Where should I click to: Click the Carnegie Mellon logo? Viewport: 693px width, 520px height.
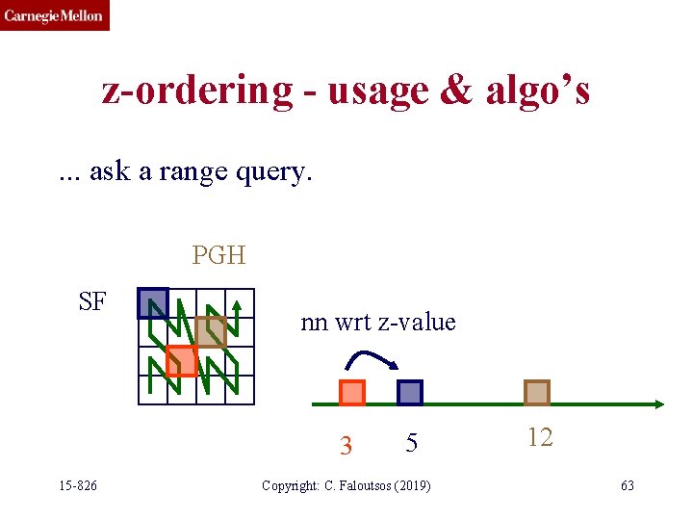point(55,15)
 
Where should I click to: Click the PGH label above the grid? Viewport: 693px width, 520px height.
point(218,255)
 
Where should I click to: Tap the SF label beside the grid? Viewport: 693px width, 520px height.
point(92,302)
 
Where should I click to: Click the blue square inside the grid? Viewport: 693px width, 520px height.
point(153,303)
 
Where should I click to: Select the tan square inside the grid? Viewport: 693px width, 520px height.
point(211,332)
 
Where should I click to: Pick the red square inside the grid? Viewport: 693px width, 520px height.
point(181,360)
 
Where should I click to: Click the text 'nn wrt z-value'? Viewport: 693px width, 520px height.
point(378,322)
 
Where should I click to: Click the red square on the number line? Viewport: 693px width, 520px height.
point(352,393)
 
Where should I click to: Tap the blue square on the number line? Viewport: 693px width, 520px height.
point(410,393)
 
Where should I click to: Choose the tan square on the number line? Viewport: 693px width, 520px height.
point(537,393)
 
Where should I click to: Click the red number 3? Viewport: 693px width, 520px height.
point(346,446)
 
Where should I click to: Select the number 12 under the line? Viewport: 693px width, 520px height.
point(540,437)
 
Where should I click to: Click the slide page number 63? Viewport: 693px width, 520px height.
point(627,485)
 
